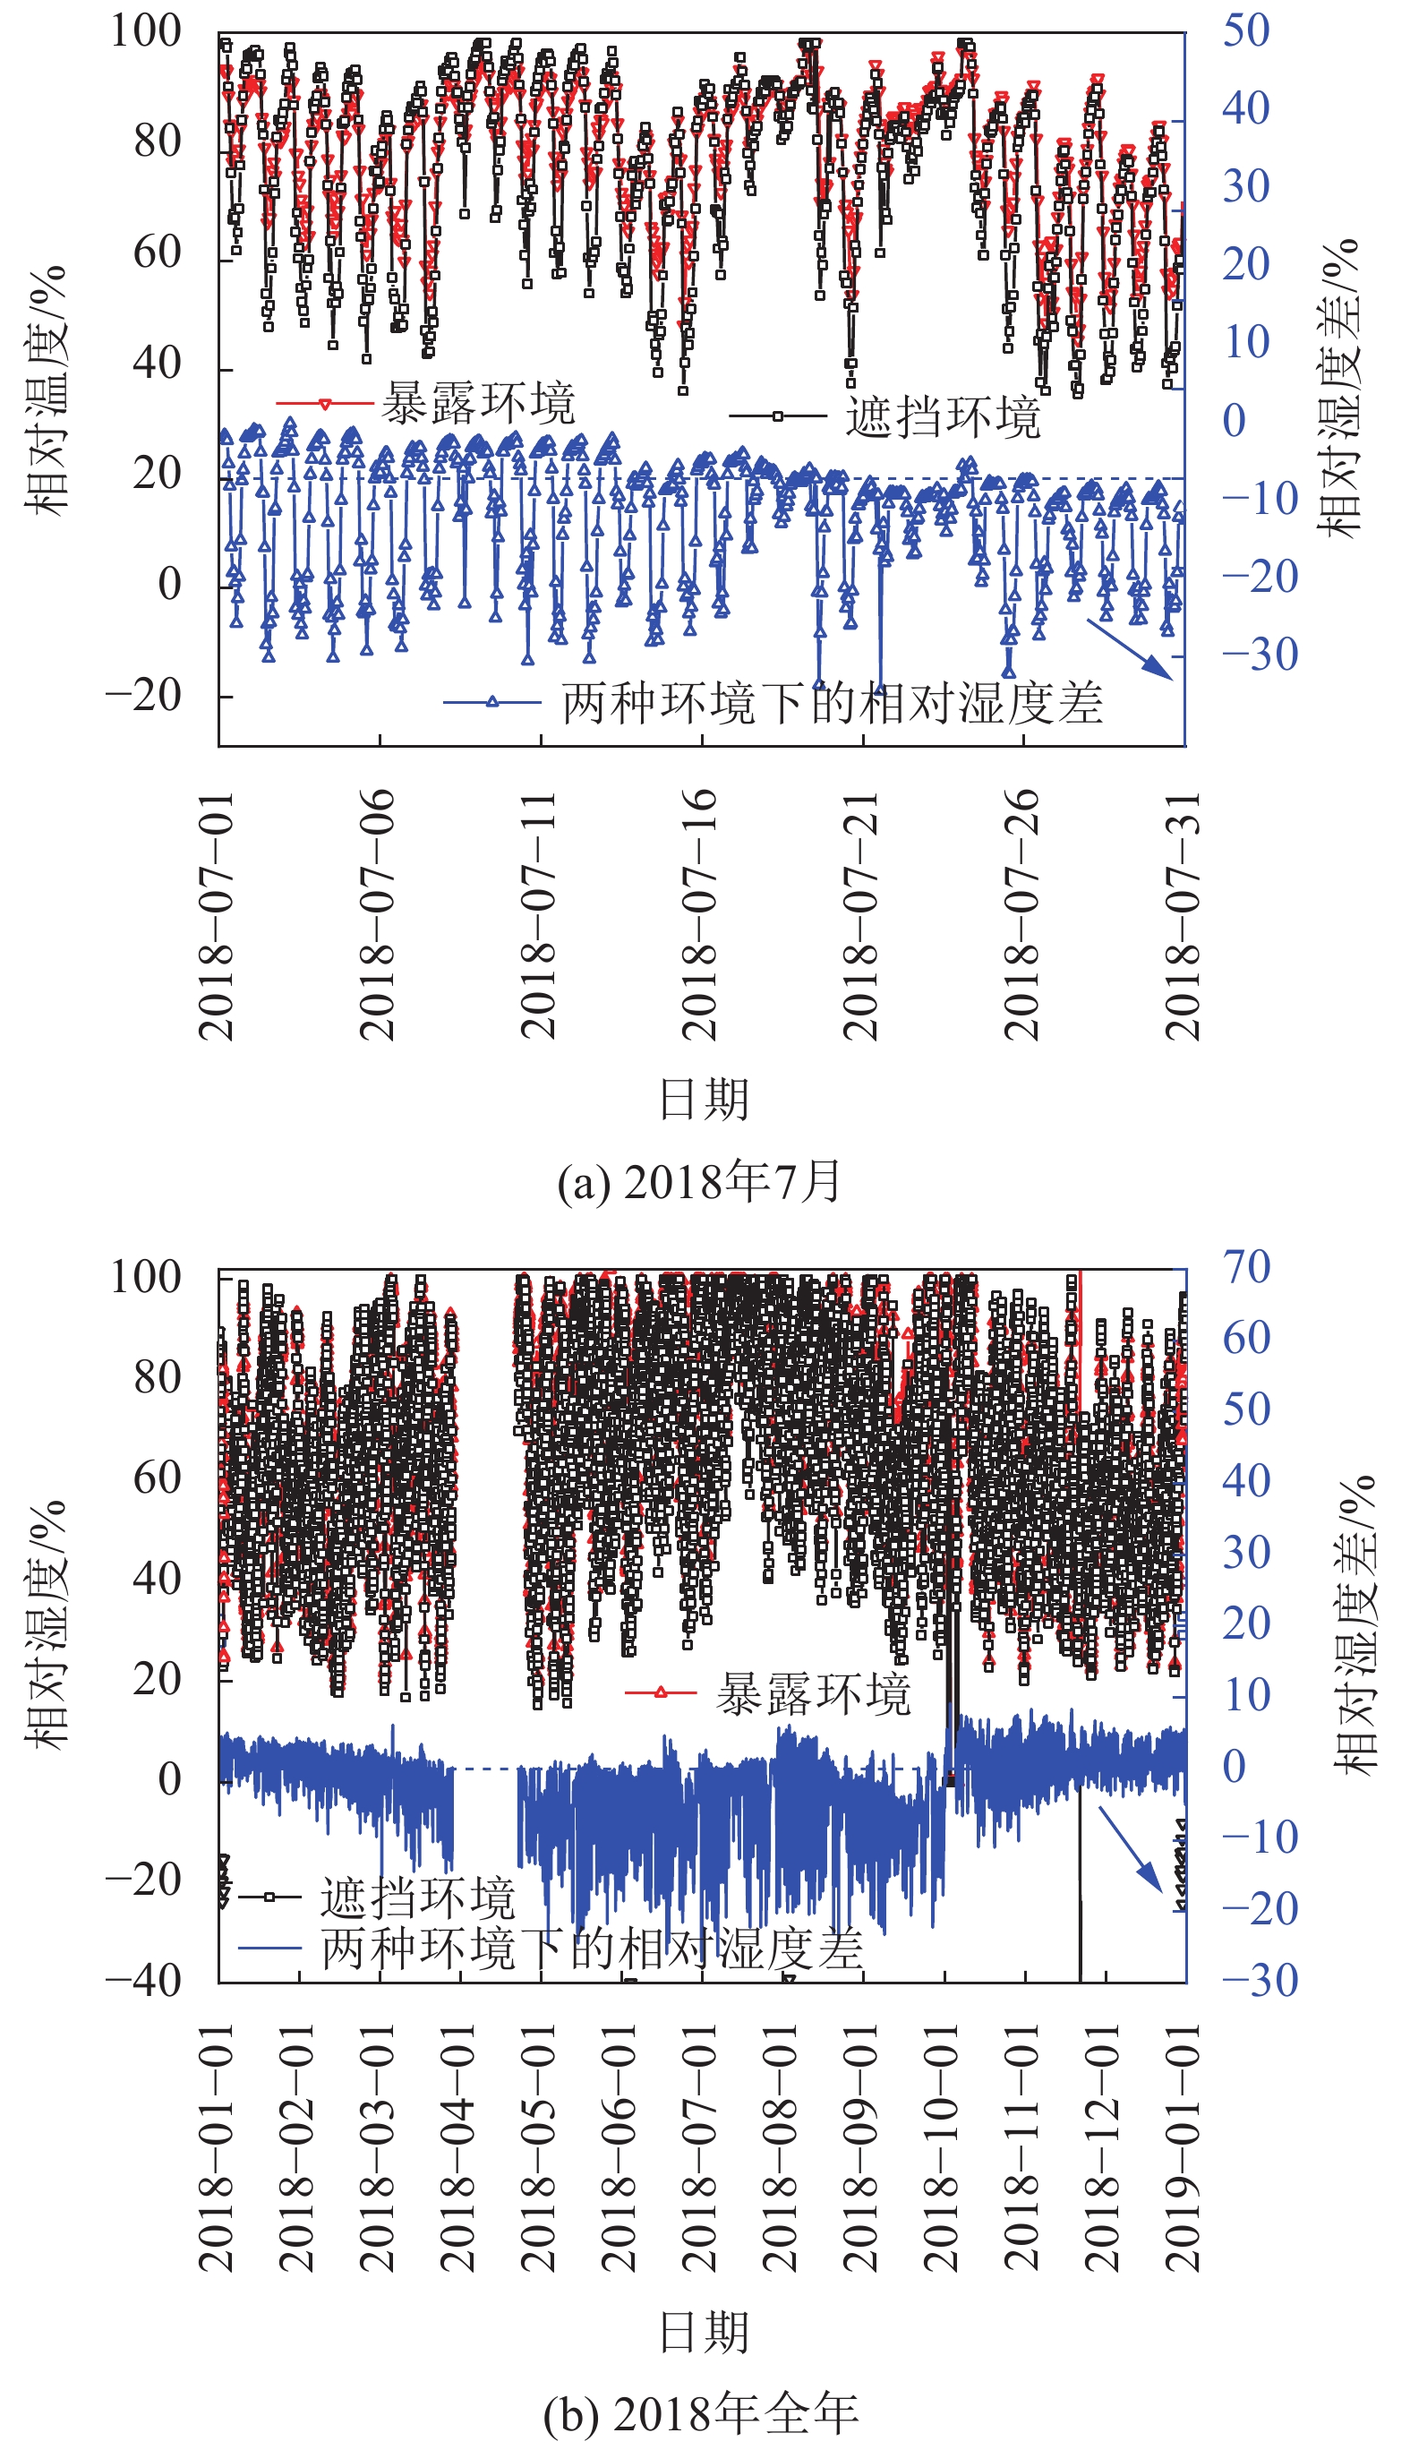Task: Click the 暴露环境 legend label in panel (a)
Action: point(477,403)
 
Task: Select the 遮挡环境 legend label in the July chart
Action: point(943,416)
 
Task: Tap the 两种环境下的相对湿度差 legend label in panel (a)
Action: point(832,702)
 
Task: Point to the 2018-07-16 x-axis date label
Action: point(699,914)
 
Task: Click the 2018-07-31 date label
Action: point(1183,914)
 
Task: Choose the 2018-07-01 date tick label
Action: point(216,914)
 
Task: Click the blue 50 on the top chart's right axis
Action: point(1245,31)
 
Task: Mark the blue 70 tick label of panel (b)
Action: point(1245,1267)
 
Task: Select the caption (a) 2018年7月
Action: point(699,1182)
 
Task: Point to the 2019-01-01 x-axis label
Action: point(1183,2148)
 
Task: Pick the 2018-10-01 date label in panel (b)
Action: point(940,2148)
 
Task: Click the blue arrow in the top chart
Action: point(1130,650)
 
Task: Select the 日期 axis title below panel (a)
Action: point(704,1099)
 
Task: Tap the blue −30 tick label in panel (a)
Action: point(1259,655)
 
